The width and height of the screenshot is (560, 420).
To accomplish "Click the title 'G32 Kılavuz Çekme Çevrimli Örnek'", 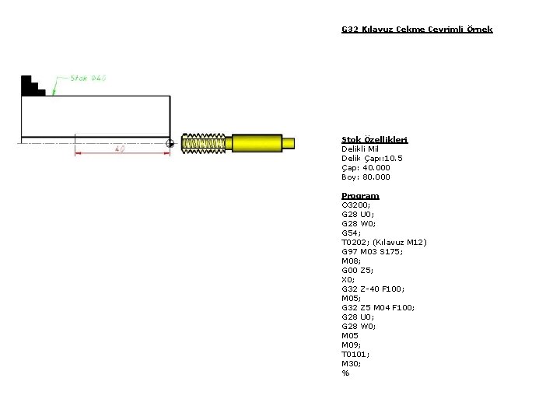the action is [x=417, y=30].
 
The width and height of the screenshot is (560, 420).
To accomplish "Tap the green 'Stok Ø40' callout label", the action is [x=88, y=78].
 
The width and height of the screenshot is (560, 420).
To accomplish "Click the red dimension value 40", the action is [x=120, y=149].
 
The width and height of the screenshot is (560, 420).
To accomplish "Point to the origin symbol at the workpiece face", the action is [x=170, y=144].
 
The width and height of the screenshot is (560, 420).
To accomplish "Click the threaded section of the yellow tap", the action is [x=203, y=144].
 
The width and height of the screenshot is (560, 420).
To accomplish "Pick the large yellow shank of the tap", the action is [x=257, y=143].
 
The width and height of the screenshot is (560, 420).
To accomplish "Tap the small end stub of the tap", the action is [x=289, y=143].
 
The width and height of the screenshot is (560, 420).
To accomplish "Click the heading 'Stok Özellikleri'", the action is [x=375, y=140].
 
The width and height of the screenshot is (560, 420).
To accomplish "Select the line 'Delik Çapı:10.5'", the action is [x=372, y=158].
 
